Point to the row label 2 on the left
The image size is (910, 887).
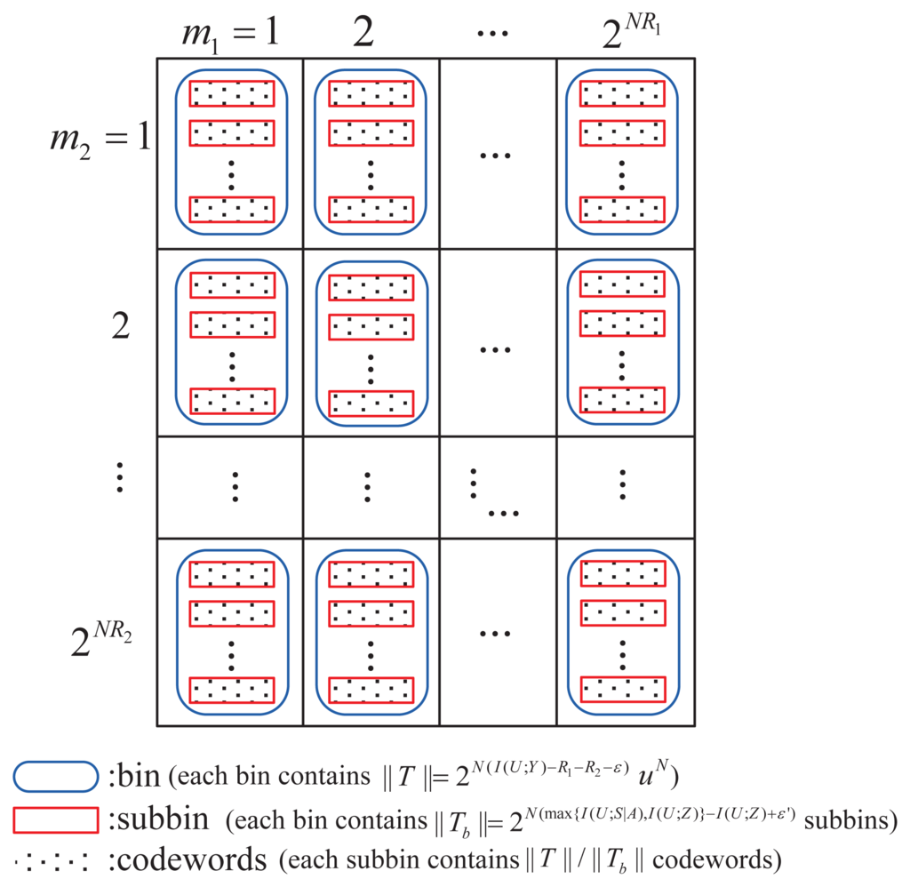coord(122,325)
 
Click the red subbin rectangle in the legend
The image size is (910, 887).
coord(55,820)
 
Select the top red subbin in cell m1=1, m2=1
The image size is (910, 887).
coord(232,93)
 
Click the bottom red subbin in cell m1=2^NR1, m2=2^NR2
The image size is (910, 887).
coord(622,690)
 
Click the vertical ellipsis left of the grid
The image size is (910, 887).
coord(120,481)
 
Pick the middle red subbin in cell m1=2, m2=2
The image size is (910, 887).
coord(371,325)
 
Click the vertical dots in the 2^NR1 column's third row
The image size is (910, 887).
coord(622,485)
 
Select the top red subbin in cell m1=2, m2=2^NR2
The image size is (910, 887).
coord(371,574)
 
